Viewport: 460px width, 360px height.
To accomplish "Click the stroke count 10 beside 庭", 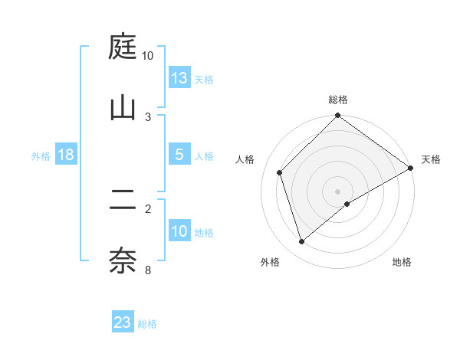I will (147, 56).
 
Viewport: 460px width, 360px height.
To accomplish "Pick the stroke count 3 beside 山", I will (148, 116).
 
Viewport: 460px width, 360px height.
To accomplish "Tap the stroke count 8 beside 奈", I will (148, 269).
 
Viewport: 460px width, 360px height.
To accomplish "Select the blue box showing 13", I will (179, 78).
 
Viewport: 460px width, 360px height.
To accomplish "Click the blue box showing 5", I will (179, 155).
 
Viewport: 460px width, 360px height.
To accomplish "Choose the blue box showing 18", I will (66, 155).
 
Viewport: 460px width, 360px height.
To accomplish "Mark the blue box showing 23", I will (123, 322).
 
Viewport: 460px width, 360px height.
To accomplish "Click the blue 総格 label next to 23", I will (147, 324).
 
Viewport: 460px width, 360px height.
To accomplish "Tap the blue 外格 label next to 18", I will (41, 156).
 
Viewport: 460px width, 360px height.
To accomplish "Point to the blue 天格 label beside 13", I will (204, 80).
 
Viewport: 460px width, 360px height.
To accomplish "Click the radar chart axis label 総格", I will (338, 100).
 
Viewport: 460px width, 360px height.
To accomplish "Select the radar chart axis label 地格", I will (402, 263).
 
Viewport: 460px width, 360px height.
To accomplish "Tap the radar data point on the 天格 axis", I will (411, 169).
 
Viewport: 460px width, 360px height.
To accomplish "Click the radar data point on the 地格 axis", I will (347, 204).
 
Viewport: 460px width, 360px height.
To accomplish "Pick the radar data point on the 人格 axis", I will (280, 172).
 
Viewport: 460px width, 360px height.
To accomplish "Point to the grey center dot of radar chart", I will (338, 191).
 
